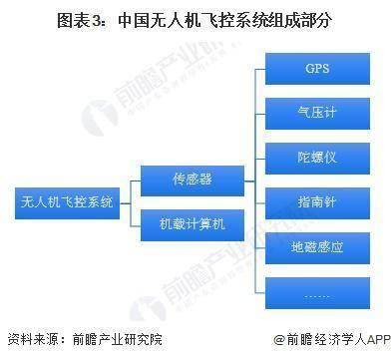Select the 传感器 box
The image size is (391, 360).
click(192, 180)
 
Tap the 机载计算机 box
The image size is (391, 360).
click(192, 223)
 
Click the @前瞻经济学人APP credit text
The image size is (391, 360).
click(320, 339)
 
